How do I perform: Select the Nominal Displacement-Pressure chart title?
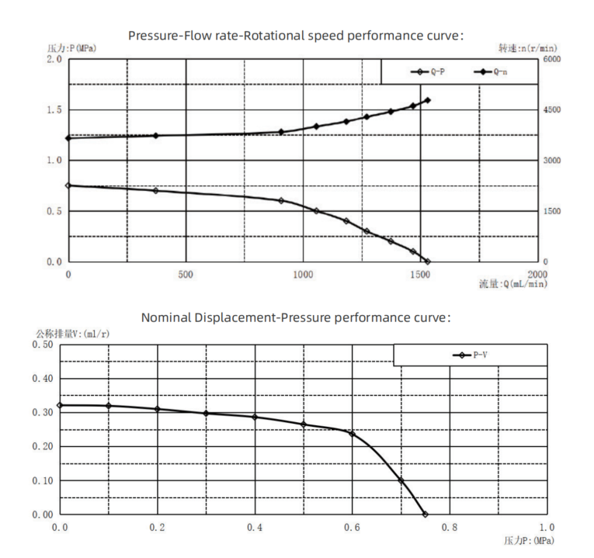296,317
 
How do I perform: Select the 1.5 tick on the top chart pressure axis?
54,110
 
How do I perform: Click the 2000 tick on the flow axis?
537,274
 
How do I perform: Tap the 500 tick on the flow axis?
185,274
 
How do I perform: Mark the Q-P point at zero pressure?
427,262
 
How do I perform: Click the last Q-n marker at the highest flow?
427,100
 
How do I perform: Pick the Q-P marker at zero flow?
68,185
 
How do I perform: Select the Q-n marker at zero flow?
68,138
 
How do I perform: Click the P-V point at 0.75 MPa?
425,514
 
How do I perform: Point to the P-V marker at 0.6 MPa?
352,433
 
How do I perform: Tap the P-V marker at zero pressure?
60,405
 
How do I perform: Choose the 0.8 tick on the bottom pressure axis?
450,528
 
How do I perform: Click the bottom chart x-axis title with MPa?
530,540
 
